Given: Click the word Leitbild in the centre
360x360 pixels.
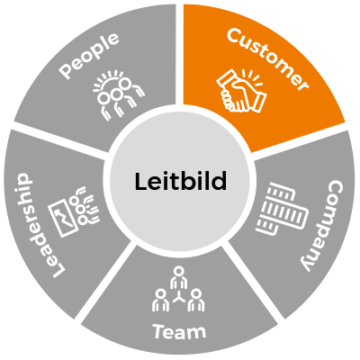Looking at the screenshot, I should (180, 181).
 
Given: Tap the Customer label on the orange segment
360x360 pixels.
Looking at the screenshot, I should (267, 60).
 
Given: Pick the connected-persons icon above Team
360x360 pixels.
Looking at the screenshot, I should (178, 288).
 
